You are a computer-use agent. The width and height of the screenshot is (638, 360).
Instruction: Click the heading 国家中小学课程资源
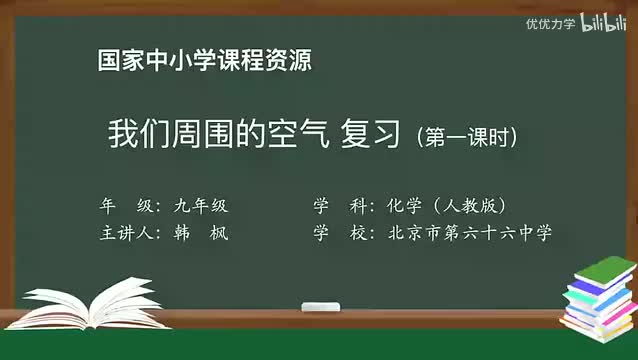pos(204,61)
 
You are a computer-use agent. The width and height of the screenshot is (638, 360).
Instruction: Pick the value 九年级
pos(200,206)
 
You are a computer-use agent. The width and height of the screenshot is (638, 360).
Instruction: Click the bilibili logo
pos(604,22)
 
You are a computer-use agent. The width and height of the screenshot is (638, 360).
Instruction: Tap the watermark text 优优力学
pos(552,23)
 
